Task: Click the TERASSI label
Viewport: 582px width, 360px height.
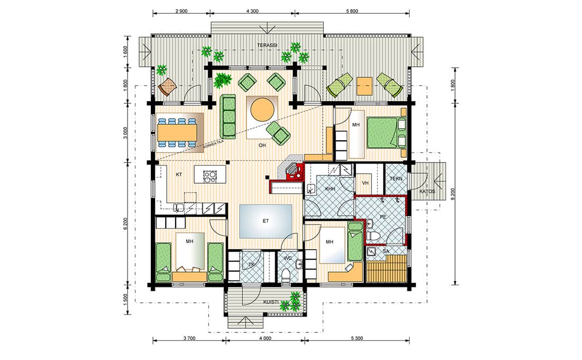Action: coord(267,46)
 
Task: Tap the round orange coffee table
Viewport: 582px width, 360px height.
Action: coord(262,110)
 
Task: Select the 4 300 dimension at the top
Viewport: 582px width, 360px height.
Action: coord(252,11)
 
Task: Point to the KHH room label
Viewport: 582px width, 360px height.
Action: coord(330,189)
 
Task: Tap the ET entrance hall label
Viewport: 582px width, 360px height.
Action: coord(266,221)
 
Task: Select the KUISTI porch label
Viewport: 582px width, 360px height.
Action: coord(271,302)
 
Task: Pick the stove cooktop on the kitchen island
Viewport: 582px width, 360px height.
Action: coord(210,176)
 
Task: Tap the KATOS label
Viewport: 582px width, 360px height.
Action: coord(427,191)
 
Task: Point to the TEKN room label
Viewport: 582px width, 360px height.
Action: coord(396,179)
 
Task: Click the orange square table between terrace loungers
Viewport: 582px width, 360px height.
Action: coord(365,86)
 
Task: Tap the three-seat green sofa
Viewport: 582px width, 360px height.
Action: coord(228,116)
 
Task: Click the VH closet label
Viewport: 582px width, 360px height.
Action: coord(365,183)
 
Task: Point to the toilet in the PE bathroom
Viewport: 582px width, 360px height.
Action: coord(373,236)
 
